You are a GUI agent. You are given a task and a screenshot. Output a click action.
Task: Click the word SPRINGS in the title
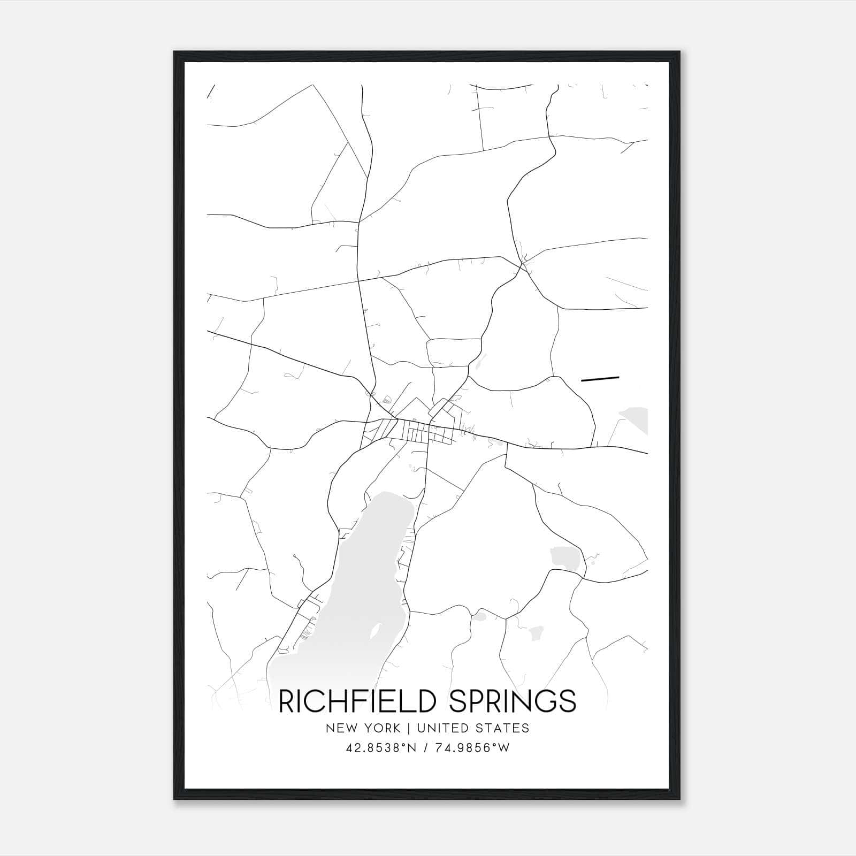tap(513, 701)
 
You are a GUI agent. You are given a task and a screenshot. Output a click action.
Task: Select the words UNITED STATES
tap(473, 728)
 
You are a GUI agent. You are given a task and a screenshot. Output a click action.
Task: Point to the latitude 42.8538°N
tap(381, 748)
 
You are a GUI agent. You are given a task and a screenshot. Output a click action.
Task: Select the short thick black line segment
tap(600, 379)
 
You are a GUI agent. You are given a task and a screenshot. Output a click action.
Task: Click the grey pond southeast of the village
tap(562, 557)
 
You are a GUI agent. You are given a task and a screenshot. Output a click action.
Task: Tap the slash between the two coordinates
tap(426, 748)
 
